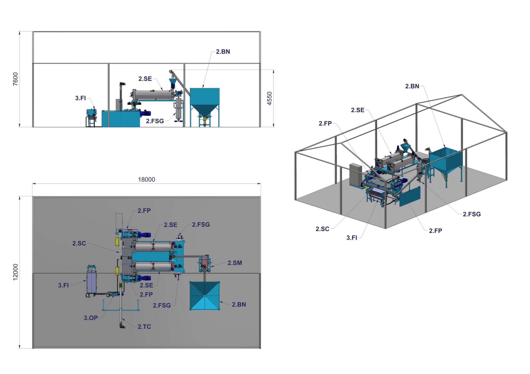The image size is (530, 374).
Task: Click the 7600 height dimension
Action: click(x=15, y=79)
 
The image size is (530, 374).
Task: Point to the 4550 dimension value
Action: click(x=269, y=98)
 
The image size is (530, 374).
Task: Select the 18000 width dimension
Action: click(x=146, y=179)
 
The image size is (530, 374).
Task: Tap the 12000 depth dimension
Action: click(x=15, y=272)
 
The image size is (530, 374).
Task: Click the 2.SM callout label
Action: click(x=235, y=263)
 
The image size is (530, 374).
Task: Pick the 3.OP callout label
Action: click(x=91, y=318)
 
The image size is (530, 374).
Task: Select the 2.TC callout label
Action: click(x=144, y=327)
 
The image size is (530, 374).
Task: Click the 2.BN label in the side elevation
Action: click(x=223, y=52)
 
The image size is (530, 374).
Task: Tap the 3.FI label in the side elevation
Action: click(x=80, y=98)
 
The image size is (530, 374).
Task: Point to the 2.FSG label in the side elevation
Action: click(x=155, y=121)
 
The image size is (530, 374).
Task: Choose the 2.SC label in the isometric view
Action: click(x=322, y=229)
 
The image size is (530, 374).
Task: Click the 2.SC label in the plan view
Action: click(x=79, y=243)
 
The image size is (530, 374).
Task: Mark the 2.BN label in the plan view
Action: click(x=239, y=305)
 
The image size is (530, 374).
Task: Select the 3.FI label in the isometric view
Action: click(x=352, y=238)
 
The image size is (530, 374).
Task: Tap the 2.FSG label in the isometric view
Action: click(x=472, y=214)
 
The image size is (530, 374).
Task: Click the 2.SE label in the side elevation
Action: click(x=145, y=79)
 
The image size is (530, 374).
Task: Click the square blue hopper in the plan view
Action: click(x=205, y=296)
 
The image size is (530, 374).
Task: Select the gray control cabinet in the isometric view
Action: click(x=355, y=175)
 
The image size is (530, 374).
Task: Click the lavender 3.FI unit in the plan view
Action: click(x=92, y=283)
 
